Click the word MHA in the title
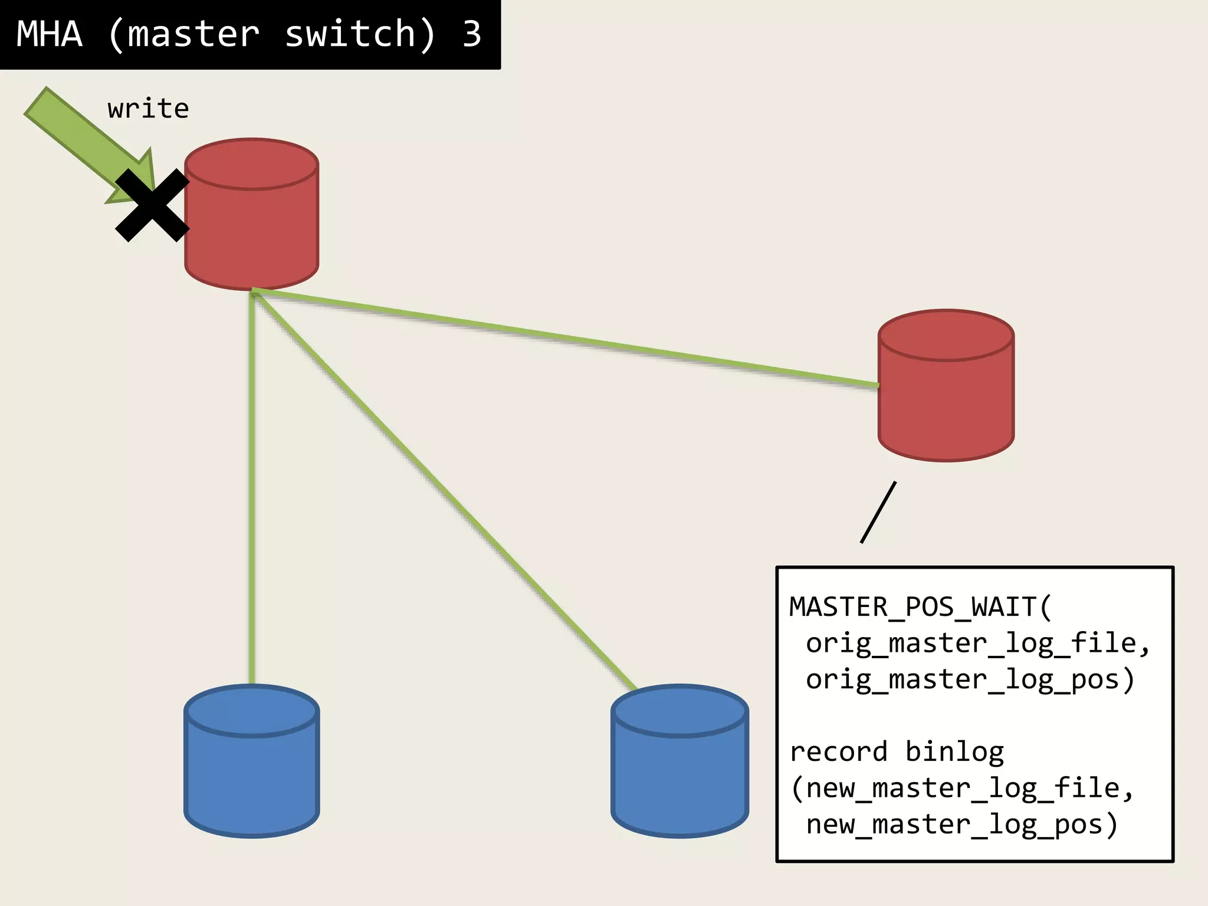[x=50, y=34]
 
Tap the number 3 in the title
[x=471, y=34]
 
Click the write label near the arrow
[x=148, y=109]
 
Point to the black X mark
[x=152, y=205]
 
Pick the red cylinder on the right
[x=946, y=395]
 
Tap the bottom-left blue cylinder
[x=252, y=773]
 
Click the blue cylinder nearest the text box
[x=679, y=773]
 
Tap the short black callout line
[x=878, y=512]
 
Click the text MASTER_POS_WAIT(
[x=920, y=607]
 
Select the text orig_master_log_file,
[x=977, y=643]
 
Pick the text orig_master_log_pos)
[x=970, y=679]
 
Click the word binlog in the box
[x=954, y=752]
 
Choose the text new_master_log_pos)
[x=961, y=825]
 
